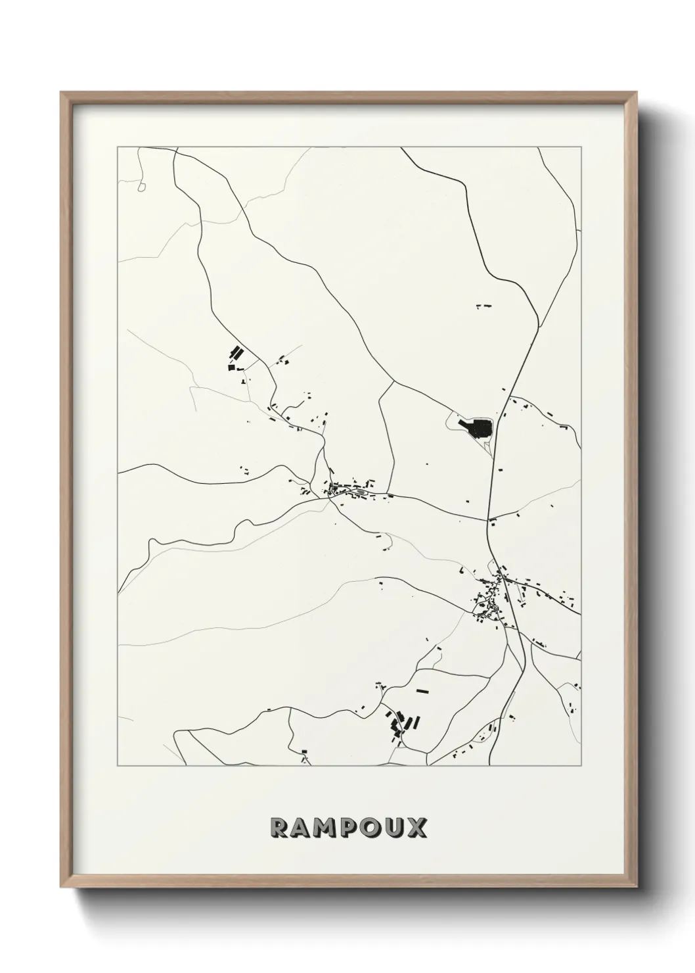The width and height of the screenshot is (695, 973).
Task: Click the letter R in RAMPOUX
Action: click(279, 828)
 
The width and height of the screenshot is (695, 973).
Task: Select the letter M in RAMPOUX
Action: click(325, 828)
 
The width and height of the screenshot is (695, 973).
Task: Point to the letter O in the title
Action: click(370, 828)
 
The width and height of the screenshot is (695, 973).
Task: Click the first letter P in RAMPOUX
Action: click(348, 828)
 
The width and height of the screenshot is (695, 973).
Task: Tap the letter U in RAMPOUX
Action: click(393, 828)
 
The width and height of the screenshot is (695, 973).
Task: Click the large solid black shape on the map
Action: click(478, 429)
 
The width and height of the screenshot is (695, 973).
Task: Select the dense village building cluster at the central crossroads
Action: click(346, 490)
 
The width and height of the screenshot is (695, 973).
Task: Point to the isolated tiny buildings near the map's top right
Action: click(484, 305)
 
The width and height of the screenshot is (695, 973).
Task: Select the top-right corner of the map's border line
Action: click(581, 147)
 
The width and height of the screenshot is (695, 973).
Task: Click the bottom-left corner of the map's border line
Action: click(118, 766)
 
